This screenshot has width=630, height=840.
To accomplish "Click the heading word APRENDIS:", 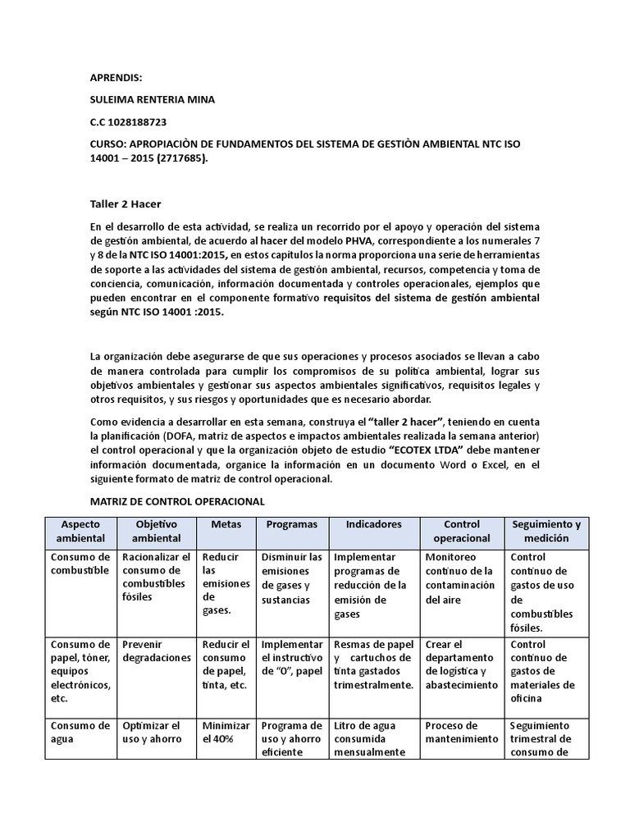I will [x=116, y=78].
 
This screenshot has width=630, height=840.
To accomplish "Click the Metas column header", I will [x=226, y=523].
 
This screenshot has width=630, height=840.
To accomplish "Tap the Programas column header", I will [x=291, y=523].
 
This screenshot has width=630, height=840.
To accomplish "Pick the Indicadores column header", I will [x=373, y=523].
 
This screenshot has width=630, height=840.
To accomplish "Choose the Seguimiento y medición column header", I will [x=546, y=531].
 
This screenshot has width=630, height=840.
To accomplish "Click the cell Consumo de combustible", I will [x=80, y=564].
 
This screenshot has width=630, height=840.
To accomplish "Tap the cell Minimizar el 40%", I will [x=226, y=733].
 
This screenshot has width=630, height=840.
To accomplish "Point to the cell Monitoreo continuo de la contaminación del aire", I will [x=460, y=578].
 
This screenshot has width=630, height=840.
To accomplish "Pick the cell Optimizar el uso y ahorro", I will [x=151, y=733].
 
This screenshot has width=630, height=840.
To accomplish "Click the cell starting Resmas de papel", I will [x=373, y=664].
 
